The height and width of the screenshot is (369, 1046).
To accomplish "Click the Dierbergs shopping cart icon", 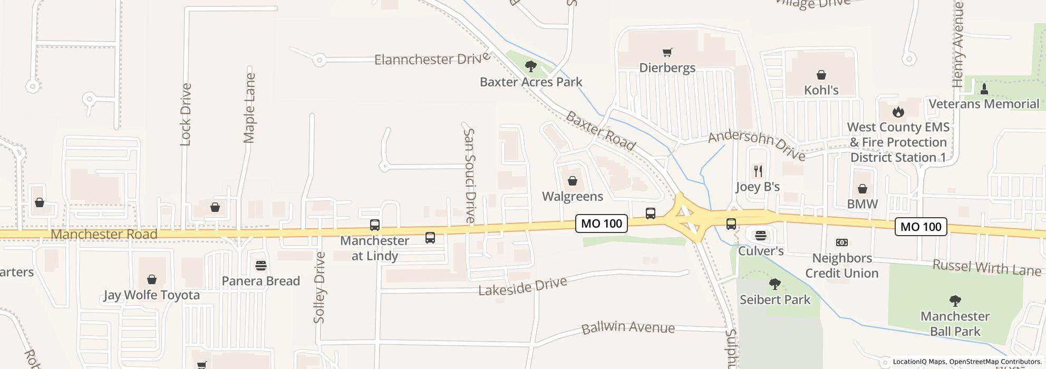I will pos(667,52).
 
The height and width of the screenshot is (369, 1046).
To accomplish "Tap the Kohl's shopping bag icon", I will pos(821,75).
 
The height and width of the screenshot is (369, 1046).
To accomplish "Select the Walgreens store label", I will pos(573,197).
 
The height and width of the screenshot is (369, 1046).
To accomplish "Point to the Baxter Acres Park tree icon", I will pos(531,66).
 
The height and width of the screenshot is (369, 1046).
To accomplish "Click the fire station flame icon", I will pos(898,112).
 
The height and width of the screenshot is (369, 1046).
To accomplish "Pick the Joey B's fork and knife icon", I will pos(758,171).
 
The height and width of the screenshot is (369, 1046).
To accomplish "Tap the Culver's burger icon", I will pos(760,235).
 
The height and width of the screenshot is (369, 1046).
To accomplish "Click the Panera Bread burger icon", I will pos(260,265).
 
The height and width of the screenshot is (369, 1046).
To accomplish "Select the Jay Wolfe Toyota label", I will pos(152,295).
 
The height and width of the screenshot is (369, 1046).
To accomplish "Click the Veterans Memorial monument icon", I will pos(984,89).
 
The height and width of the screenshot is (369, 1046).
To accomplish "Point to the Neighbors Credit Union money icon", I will pos(842,242).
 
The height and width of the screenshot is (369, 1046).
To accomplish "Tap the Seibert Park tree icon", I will pos(774,285).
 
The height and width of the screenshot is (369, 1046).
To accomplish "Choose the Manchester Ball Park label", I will pos(955,324).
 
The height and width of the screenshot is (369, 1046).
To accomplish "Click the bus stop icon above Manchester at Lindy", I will pos(374,225).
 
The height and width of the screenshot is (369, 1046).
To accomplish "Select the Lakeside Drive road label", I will pos(522,286).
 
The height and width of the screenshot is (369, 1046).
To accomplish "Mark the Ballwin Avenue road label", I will pos(628,327).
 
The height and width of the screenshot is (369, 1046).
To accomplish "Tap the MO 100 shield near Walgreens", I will pos(601,224).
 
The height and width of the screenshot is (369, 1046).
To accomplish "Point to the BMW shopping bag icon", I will pos(863,189).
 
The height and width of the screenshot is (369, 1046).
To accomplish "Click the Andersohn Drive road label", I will pos(757,145).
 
